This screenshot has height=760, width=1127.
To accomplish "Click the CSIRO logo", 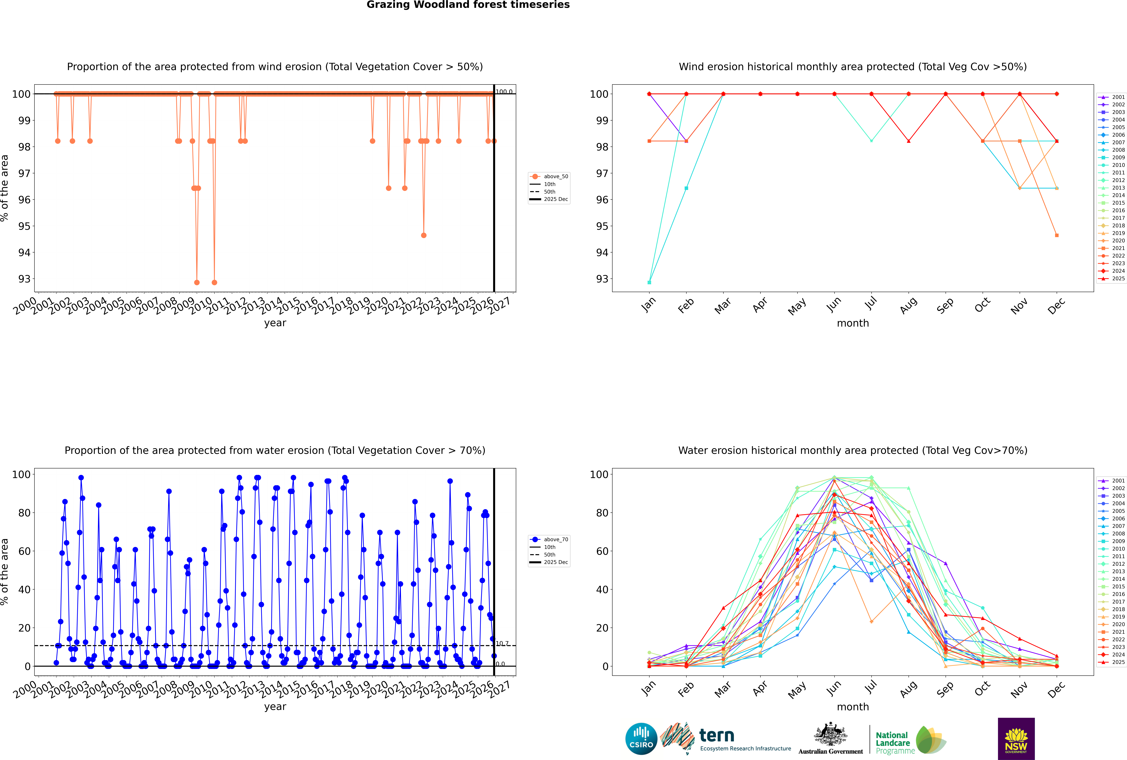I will click(x=641, y=739).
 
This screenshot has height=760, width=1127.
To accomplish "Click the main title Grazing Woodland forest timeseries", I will click(x=468, y=5).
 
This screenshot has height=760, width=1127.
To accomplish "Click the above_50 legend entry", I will click(x=555, y=176).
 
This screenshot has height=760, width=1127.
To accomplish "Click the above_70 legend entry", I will click(x=555, y=540).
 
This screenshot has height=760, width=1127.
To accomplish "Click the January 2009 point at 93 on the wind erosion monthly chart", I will click(x=649, y=282).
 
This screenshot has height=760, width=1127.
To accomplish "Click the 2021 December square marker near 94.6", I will click(x=1057, y=236).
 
